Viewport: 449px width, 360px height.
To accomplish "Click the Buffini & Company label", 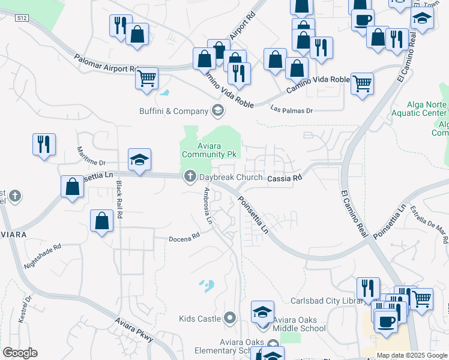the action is click(173, 111).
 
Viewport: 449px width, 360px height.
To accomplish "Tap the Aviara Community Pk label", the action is click(210, 149).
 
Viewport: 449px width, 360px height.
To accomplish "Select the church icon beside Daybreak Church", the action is click(190, 177).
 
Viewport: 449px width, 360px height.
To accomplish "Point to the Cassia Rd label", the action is click(284, 178).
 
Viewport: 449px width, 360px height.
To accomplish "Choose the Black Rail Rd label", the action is click(119, 199).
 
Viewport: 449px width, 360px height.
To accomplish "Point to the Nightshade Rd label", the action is click(43, 255).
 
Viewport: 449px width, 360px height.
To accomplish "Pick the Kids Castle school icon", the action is click(229, 318).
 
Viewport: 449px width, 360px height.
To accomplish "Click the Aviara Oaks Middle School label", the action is click(299, 324).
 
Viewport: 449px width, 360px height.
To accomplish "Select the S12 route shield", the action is click(23, 19).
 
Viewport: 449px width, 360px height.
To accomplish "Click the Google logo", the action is click(20, 353).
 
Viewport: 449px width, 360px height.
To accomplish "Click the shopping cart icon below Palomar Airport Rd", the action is click(146, 78).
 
